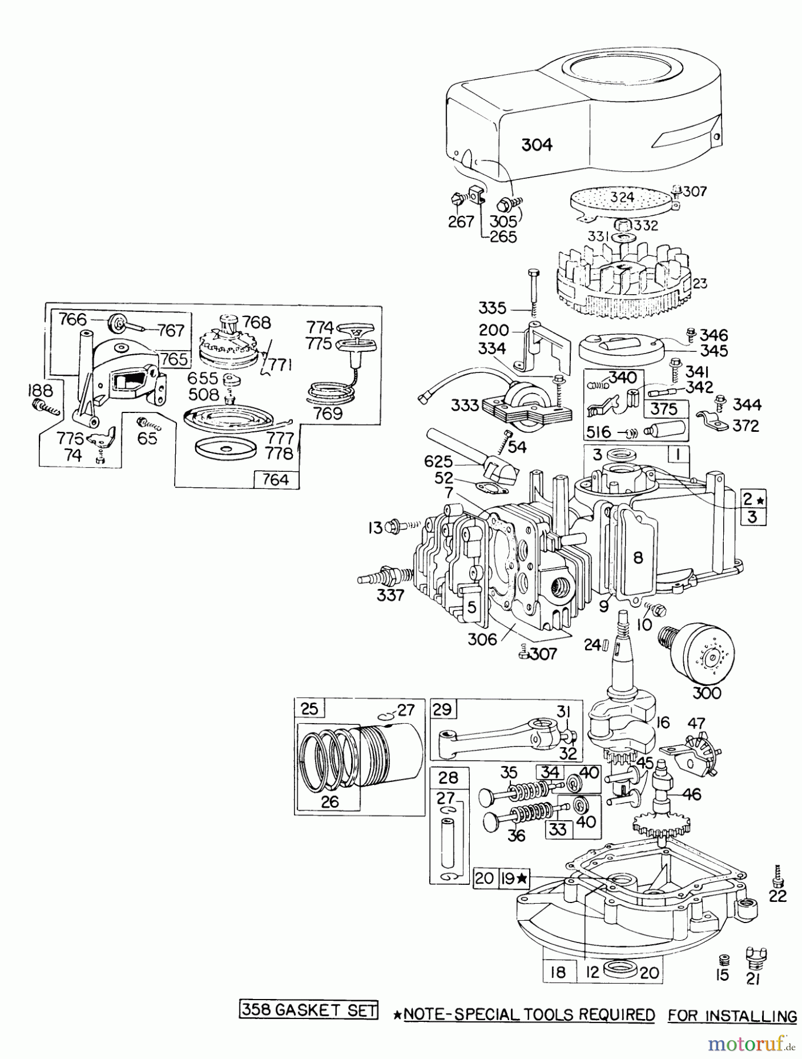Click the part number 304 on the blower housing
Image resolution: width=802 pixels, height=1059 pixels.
pyautogui.click(x=537, y=144)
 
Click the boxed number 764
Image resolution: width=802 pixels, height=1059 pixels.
pyautogui.click(x=276, y=479)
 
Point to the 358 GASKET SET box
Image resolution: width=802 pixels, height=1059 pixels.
pyautogui.click(x=309, y=1010)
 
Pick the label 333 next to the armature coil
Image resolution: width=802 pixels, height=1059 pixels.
pyautogui.click(x=465, y=405)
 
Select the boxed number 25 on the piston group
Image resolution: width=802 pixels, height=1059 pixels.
pyautogui.click(x=309, y=708)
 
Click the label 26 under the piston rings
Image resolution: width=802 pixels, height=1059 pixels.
pyautogui.click(x=330, y=801)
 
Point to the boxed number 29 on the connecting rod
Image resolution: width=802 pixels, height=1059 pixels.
pyautogui.click(x=442, y=709)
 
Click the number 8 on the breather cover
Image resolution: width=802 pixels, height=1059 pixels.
pyautogui.click(x=639, y=557)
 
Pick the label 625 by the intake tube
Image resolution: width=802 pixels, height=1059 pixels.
pyautogui.click(x=438, y=462)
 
